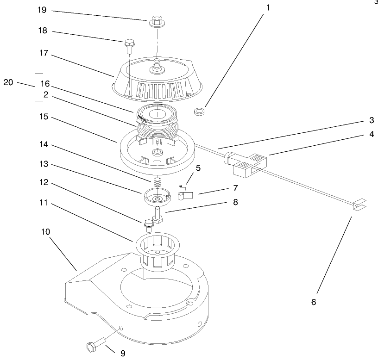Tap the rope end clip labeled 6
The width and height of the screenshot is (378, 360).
[356, 204]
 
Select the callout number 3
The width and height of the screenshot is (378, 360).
[371, 120]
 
